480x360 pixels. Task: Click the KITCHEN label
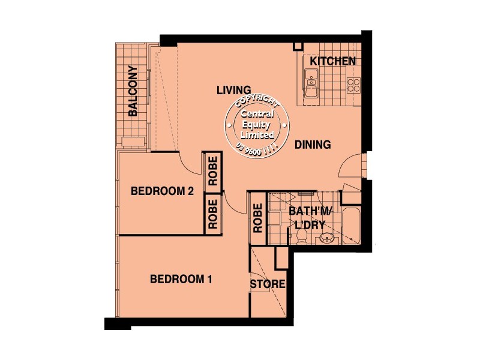(x=333, y=61)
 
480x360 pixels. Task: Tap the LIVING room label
(x=233, y=91)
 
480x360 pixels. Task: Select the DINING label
(x=313, y=145)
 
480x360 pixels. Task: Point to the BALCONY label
(x=133, y=91)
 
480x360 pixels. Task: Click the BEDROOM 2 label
(x=161, y=192)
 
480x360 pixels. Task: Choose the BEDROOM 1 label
(x=181, y=279)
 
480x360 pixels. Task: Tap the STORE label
(x=268, y=284)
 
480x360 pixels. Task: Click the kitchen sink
(x=311, y=84)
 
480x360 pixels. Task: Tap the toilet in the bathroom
(x=302, y=238)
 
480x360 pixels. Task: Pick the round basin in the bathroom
(x=328, y=238)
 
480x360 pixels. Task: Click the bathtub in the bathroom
(x=351, y=226)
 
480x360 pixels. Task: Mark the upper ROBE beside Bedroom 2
(x=212, y=172)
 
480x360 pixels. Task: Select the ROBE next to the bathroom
(x=257, y=218)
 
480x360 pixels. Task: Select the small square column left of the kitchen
(x=297, y=47)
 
